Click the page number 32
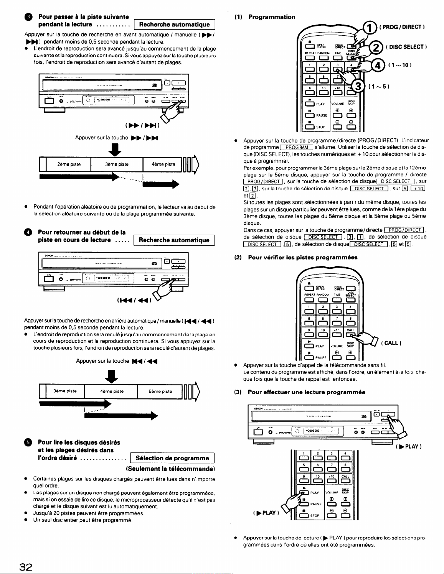[26, 567]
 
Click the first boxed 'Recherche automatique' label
[174, 25]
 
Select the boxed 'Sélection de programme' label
[172, 458]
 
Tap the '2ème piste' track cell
[69, 164]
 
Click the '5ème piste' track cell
[160, 391]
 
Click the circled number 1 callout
[370, 27]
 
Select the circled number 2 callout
[376, 47]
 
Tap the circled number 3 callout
[358, 86]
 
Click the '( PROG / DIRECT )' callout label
[402, 27]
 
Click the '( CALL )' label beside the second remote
[391, 343]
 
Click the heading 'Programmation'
[272, 17]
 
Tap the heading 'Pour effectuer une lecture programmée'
[306, 392]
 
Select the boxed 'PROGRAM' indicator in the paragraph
[297, 148]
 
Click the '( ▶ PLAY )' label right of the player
[409, 446]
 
